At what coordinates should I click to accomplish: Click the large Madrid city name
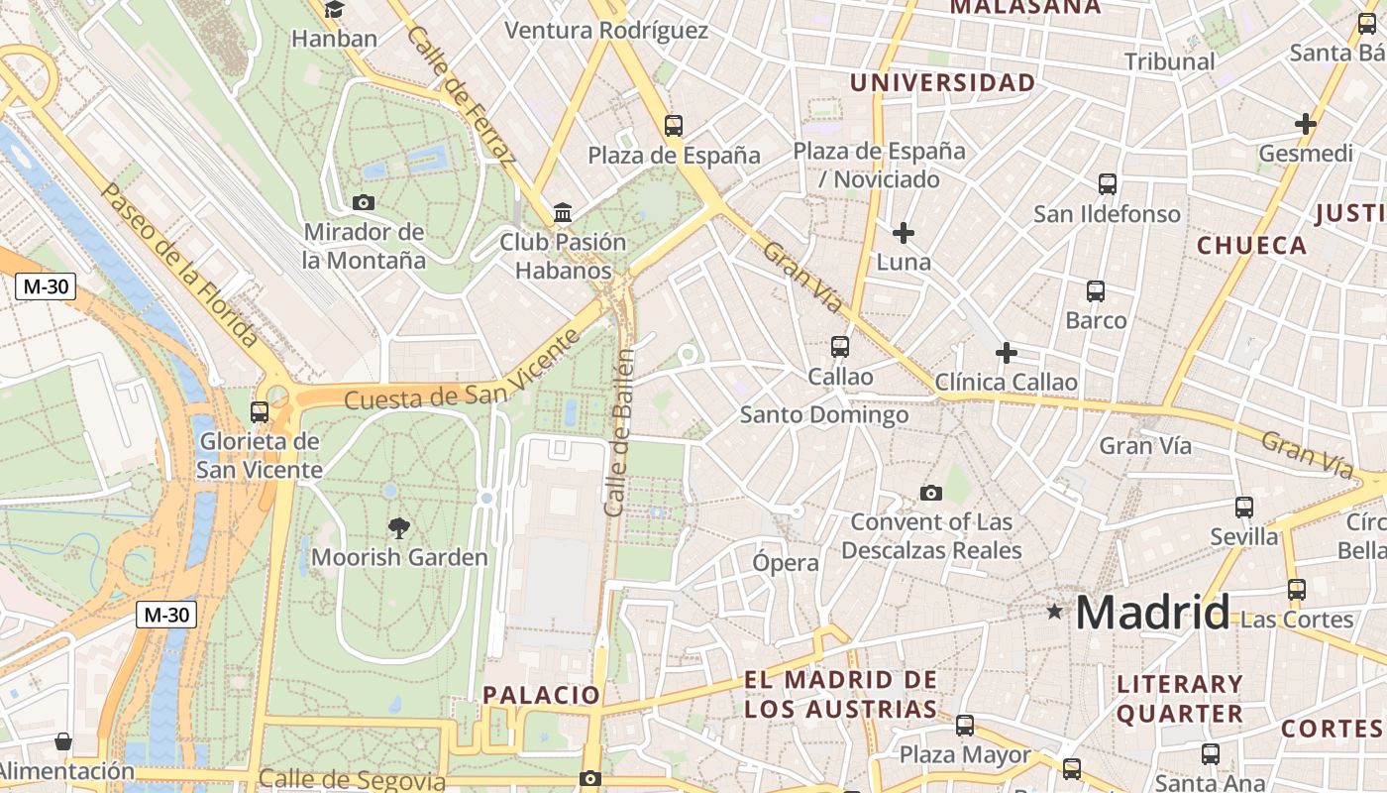tap(1152, 613)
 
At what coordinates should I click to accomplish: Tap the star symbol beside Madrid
tap(1054, 613)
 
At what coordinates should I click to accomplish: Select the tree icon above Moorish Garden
tap(399, 527)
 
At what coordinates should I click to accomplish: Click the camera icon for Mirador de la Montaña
tap(364, 202)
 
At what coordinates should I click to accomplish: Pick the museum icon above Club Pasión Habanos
tap(563, 212)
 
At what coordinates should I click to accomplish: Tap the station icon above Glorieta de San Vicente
tap(260, 411)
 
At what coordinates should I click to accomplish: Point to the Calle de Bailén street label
tap(619, 432)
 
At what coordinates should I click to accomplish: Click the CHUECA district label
tap(1251, 246)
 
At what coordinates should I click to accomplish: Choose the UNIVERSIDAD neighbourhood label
tap(942, 83)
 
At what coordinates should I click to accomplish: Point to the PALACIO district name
tap(541, 695)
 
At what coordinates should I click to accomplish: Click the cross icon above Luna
tap(904, 233)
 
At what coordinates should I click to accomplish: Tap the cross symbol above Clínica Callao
tap(1007, 352)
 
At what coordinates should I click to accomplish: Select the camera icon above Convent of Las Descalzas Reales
tap(931, 493)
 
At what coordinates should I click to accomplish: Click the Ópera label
tap(786, 563)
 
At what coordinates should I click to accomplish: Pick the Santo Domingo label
tap(824, 414)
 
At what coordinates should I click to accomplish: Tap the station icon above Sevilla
tap(1244, 508)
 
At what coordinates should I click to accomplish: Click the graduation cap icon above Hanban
tap(335, 10)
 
